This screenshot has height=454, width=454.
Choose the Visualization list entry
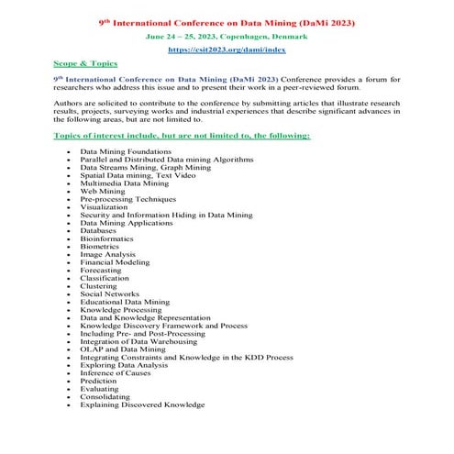click(x=104, y=207)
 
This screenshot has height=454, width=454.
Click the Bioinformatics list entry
click(x=106, y=239)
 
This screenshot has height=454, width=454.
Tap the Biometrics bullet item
click(x=100, y=247)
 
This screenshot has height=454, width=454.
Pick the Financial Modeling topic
click(x=115, y=263)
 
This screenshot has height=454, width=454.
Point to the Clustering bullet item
click(x=98, y=286)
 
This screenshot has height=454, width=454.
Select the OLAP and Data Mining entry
click(x=122, y=349)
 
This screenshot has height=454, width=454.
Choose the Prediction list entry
click(x=98, y=381)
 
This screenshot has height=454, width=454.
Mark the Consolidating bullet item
click(x=105, y=396)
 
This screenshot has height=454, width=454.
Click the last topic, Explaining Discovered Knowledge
click(x=142, y=404)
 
